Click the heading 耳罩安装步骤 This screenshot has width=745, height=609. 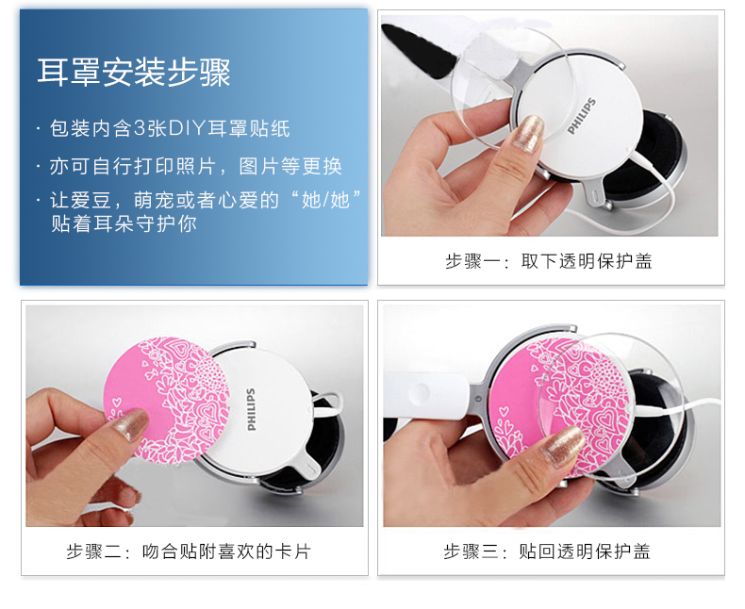pos(134,73)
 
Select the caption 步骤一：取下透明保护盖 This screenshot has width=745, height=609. pos(549,261)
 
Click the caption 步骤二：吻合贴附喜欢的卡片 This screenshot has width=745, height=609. pos(189,551)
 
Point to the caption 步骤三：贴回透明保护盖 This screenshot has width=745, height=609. pos(547,551)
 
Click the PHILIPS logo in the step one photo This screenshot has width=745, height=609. pos(582,116)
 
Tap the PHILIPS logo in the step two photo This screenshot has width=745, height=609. pos(251,409)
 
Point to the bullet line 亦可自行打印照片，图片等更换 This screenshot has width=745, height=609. pos(196,166)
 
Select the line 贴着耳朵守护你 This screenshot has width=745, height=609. pos(124,223)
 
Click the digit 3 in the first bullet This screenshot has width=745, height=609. pos(140,128)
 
